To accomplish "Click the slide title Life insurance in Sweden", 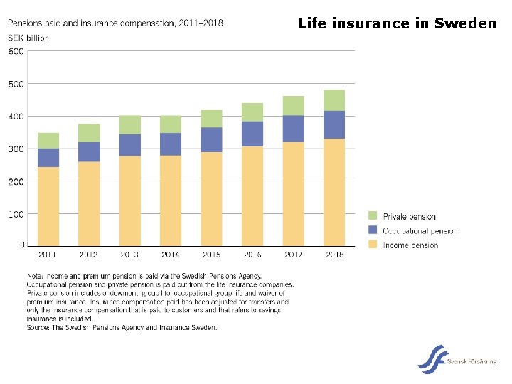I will coord(397,23).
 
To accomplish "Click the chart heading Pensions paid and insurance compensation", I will coord(115,23).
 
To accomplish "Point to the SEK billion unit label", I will coord(28,38).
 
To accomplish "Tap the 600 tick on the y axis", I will coord(16,52).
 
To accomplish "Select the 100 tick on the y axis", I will coord(16,214).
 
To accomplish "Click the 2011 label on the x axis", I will coord(48,255).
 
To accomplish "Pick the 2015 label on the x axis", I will coord(211,255).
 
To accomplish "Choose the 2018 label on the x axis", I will coord(334,255).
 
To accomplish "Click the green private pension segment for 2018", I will coord(334,100).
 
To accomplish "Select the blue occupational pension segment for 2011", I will coord(48,158).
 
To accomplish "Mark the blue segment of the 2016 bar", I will coord(252,134).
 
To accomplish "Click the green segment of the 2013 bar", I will coord(129,125).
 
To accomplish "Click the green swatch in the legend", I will coord(373,216).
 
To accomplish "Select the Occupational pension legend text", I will coord(420,231).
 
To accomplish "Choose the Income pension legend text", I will coord(410,245).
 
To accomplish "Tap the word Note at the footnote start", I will coord(35,276).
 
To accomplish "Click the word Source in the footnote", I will coord(38,328).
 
